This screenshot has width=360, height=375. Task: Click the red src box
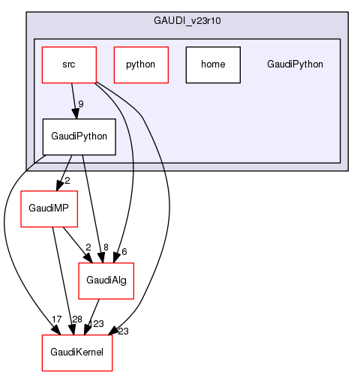point(69,64)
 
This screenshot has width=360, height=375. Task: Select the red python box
point(140,64)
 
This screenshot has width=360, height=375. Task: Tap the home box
point(213,64)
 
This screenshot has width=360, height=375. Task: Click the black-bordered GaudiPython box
point(79,136)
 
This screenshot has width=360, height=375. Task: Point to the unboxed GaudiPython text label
point(295,64)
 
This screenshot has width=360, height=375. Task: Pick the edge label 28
point(77,319)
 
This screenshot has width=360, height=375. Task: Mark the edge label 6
point(124,251)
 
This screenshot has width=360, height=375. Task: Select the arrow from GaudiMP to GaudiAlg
point(77,243)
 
